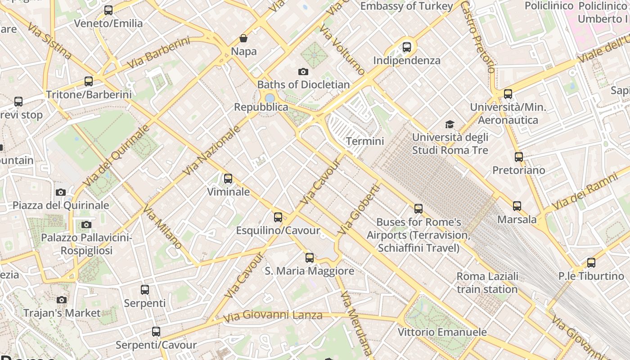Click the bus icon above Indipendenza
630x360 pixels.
407,47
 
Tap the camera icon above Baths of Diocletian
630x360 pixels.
303,72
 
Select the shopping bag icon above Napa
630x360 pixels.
243,38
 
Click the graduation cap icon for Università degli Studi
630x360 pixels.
450,124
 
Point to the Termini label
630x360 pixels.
365,141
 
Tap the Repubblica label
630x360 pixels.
261,107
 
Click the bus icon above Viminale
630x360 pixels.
228,179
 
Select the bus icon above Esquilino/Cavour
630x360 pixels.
278,217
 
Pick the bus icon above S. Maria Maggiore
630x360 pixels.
310,258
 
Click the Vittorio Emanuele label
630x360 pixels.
442,332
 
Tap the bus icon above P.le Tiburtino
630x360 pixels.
591,263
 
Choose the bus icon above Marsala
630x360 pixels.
517,206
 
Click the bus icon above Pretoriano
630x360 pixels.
519,157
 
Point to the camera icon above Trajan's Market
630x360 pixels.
62,300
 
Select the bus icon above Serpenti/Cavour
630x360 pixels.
156,332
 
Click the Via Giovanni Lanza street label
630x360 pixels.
273,316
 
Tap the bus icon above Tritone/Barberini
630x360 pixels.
89,81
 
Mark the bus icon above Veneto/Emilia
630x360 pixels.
108,10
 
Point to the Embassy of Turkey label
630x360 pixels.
406,6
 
